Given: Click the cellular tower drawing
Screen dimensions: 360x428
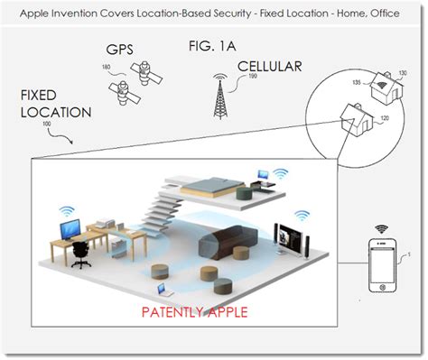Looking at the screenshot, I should point(218,96).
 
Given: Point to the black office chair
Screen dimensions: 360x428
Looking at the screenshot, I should point(79,255).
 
